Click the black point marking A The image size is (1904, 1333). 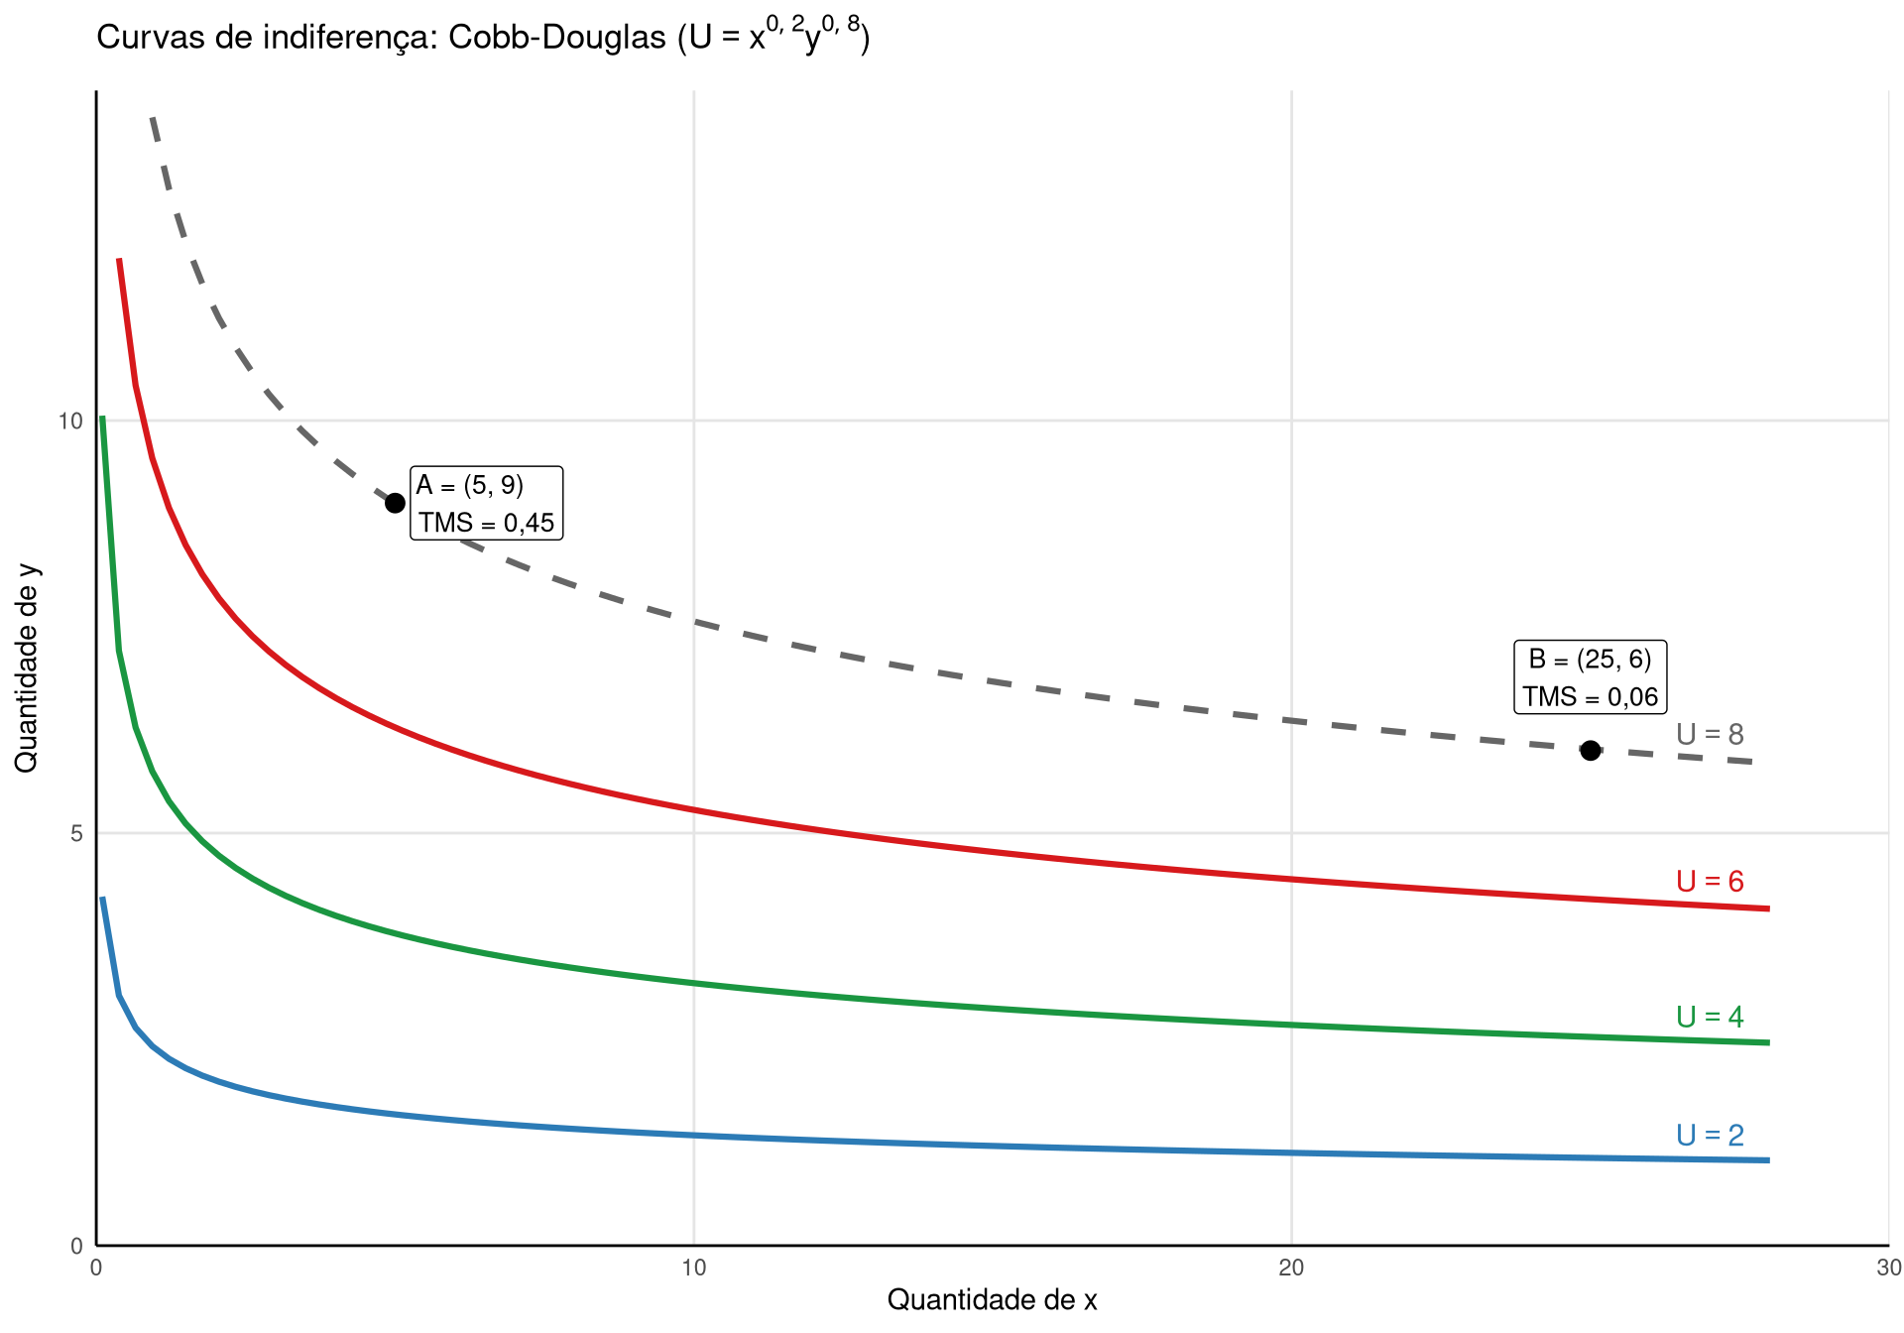(x=395, y=503)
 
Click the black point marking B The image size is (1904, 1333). (x=1591, y=750)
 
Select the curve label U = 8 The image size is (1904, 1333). (x=1710, y=734)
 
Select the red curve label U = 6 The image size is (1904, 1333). (x=1710, y=881)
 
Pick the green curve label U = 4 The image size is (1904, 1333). (x=1710, y=1017)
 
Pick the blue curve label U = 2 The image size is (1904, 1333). (x=1710, y=1135)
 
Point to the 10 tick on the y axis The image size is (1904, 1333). (x=70, y=422)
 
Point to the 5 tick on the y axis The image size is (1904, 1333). (x=76, y=833)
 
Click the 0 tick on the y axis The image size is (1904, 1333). (x=76, y=1246)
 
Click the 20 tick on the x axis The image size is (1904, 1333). (x=1291, y=1268)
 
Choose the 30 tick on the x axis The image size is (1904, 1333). (x=1888, y=1268)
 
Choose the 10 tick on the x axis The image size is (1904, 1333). (x=693, y=1268)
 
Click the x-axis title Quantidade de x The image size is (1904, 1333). (x=992, y=1300)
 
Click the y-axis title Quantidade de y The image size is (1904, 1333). (x=26, y=667)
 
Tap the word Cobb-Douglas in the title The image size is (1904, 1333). (x=557, y=38)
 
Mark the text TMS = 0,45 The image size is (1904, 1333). (x=486, y=523)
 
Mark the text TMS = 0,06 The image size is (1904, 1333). (x=1591, y=697)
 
